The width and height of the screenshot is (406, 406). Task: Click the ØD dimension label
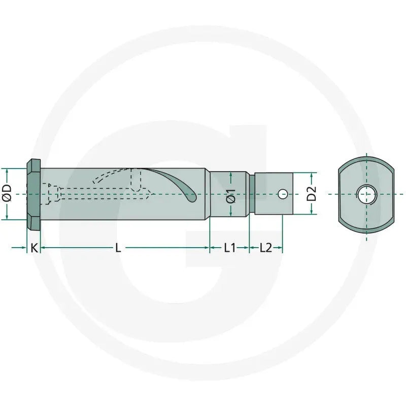click(x=7, y=193)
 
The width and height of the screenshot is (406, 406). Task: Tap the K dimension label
click(x=34, y=248)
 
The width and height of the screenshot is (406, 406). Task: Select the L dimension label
click(x=118, y=248)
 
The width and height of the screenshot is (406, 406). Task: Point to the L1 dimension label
click(x=230, y=248)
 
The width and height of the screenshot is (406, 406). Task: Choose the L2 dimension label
click(x=265, y=248)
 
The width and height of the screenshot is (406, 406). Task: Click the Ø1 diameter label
click(x=231, y=196)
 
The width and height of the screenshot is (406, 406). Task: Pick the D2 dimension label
click(x=312, y=193)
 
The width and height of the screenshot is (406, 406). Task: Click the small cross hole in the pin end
click(x=283, y=194)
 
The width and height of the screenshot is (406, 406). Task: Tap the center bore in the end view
click(x=366, y=194)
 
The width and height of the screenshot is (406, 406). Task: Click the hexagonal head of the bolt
click(x=33, y=194)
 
